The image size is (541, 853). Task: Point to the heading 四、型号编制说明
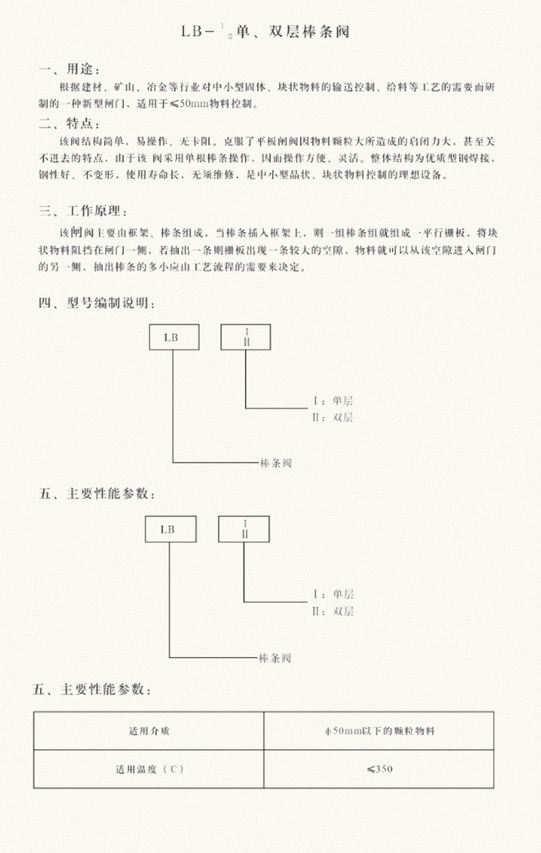click(x=96, y=304)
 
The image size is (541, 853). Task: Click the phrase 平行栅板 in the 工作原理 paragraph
click(x=451, y=232)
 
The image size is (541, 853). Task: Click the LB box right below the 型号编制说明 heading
click(x=174, y=337)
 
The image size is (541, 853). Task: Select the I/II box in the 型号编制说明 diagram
click(x=246, y=337)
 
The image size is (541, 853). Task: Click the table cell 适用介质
click(x=149, y=730)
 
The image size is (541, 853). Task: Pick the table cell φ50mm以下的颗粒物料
click(x=379, y=730)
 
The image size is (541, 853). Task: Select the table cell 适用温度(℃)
click(x=149, y=769)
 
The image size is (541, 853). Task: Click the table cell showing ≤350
click(x=379, y=769)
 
